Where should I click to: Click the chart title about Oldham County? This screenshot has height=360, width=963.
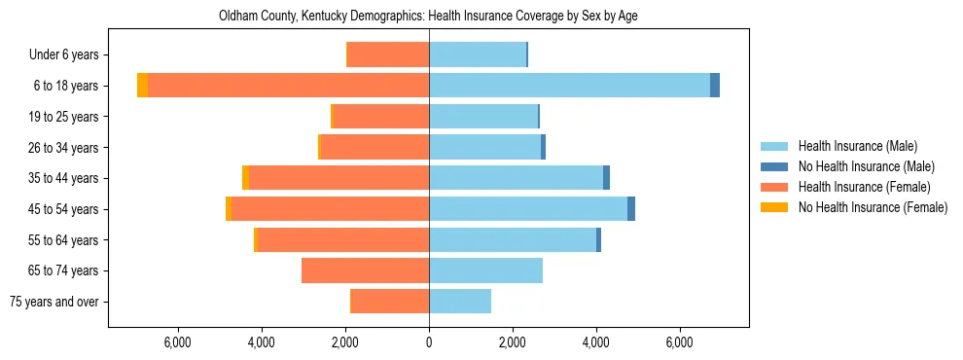click(428, 17)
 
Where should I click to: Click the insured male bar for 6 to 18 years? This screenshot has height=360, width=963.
click(569, 86)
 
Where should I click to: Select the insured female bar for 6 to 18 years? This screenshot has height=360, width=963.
click(288, 86)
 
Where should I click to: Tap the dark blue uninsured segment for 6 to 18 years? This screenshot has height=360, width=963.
click(715, 86)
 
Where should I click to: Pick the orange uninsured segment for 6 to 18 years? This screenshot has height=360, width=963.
click(142, 86)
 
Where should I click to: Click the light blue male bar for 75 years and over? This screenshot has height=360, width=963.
click(460, 302)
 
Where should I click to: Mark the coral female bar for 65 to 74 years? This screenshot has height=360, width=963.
click(365, 270)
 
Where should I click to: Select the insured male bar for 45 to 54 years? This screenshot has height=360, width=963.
click(528, 209)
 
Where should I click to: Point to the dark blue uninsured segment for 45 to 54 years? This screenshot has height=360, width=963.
click(631, 209)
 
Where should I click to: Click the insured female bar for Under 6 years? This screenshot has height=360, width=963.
click(388, 54)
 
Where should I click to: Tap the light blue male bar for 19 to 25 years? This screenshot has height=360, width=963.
click(483, 117)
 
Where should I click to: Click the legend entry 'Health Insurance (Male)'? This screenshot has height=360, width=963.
click(857, 147)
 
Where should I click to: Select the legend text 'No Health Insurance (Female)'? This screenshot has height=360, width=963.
click(872, 207)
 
